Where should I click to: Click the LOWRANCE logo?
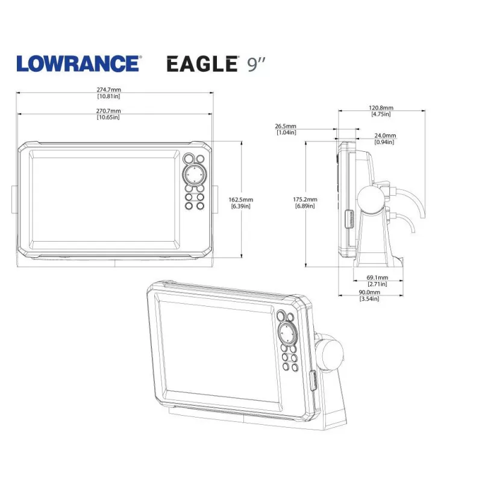79,63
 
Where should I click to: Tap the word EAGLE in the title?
201,63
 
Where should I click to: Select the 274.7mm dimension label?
108,90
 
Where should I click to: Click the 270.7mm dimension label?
108,111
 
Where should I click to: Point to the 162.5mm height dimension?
241,199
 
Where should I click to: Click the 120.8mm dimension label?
381,108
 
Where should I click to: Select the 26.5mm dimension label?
286,127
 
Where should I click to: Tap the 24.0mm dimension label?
385,136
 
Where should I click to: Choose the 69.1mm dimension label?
377,278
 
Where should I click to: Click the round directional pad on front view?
194,175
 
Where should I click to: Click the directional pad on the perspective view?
287,332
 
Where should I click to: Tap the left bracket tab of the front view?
13,199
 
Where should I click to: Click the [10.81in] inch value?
108,96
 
